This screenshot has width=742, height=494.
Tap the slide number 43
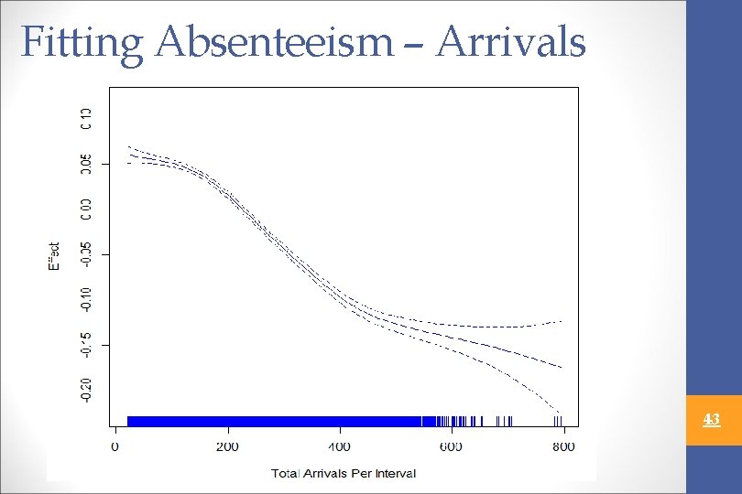click(712, 420)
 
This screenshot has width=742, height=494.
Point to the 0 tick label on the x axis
click(115, 446)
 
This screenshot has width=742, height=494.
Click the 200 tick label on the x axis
click(227, 446)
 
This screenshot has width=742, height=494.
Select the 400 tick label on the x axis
click(339, 446)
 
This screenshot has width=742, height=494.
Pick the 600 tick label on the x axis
click(452, 446)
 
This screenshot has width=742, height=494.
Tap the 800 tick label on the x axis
click(563, 446)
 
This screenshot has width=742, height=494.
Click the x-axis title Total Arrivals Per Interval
click(344, 473)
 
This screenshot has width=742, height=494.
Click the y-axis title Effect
click(54, 255)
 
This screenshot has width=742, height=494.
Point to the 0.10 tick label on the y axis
click(85, 118)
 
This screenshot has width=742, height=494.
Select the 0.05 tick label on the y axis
click(85, 164)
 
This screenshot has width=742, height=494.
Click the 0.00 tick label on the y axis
click(85, 209)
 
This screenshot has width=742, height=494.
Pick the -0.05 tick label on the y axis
click(85, 255)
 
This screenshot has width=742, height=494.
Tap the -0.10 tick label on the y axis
click(85, 299)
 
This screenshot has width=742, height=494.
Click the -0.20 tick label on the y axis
click(85, 391)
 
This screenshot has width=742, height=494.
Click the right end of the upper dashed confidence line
click(561, 321)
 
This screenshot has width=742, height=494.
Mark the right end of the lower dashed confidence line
click(560, 413)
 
